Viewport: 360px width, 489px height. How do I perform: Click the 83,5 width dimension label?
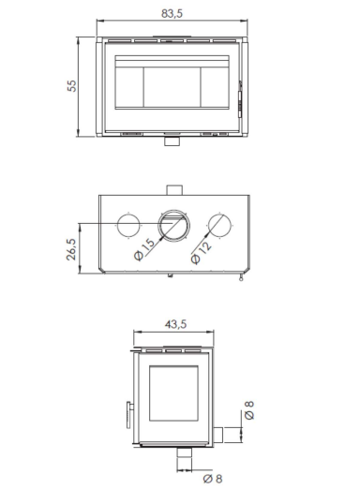(172, 14)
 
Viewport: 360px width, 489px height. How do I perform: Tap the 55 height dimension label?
(71, 86)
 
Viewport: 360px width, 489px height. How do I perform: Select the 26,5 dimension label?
(71, 249)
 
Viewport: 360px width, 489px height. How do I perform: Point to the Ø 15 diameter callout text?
(144, 249)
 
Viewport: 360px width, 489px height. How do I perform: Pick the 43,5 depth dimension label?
(175, 324)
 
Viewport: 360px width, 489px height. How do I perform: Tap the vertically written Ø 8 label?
(249, 410)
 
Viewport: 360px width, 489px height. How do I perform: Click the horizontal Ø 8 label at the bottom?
(213, 479)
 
